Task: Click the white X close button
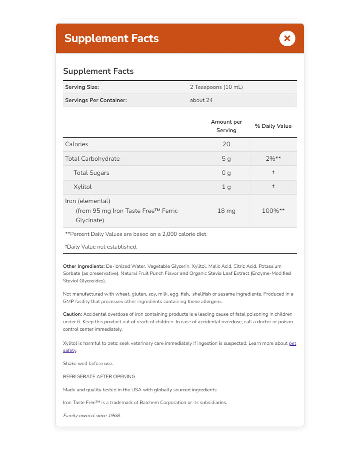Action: click(287, 38)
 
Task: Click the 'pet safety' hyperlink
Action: click(292, 344)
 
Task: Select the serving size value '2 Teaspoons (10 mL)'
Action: click(216, 87)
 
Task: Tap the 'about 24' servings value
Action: click(201, 100)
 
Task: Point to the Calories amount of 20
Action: click(226, 144)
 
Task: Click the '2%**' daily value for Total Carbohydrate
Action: click(273, 159)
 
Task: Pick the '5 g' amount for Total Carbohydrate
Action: click(226, 159)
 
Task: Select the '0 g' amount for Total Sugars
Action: click(226, 173)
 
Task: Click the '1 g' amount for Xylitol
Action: click(226, 187)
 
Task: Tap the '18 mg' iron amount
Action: click(226, 211)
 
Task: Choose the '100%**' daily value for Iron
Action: click(273, 211)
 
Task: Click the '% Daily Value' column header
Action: click(273, 126)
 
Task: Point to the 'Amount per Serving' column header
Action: click(226, 126)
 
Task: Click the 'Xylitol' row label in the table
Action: click(82, 187)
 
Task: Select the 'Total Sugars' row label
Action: click(91, 173)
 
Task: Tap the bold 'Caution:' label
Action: click(72, 314)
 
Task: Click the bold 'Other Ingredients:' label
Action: click(84, 266)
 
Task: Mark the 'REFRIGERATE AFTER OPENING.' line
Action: click(99, 377)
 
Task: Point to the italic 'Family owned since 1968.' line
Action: click(92, 415)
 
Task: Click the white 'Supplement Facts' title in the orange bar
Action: click(112, 38)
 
